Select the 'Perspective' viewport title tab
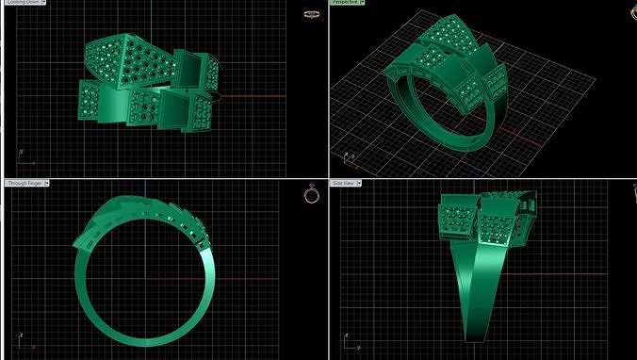345,4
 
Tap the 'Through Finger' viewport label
24,183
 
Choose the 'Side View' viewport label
343,183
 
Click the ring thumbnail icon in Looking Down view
311,15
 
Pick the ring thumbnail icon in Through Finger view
311,194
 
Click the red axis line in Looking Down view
254,96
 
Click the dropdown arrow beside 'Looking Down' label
44,4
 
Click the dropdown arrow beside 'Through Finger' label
46,183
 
